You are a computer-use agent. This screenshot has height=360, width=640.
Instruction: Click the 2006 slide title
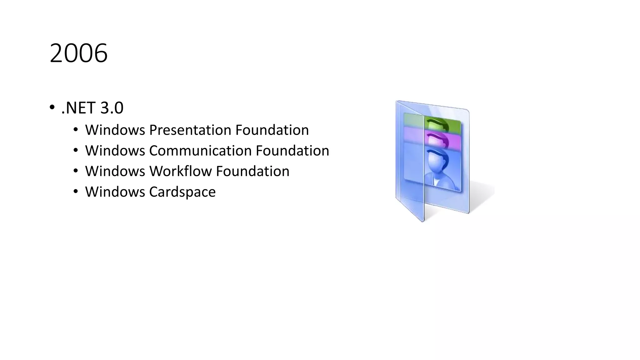point(78,53)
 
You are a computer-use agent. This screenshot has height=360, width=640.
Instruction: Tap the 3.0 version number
point(112,108)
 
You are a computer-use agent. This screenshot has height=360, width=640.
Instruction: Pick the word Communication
point(200,151)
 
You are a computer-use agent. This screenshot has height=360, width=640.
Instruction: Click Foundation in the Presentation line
point(272,130)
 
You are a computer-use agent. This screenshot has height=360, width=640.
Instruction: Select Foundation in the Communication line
point(292,151)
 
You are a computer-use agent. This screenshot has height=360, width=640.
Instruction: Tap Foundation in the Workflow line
point(252,171)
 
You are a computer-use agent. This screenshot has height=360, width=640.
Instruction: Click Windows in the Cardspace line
point(115,192)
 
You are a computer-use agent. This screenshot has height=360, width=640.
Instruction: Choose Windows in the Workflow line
point(115,171)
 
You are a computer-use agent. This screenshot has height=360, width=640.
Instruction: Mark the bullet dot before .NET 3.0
point(52,108)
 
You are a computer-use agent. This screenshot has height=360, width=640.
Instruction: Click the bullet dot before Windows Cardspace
point(76,191)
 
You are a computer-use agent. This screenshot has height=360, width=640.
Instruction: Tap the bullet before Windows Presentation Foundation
point(76,129)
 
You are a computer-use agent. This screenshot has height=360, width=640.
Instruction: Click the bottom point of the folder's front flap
point(422,221)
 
